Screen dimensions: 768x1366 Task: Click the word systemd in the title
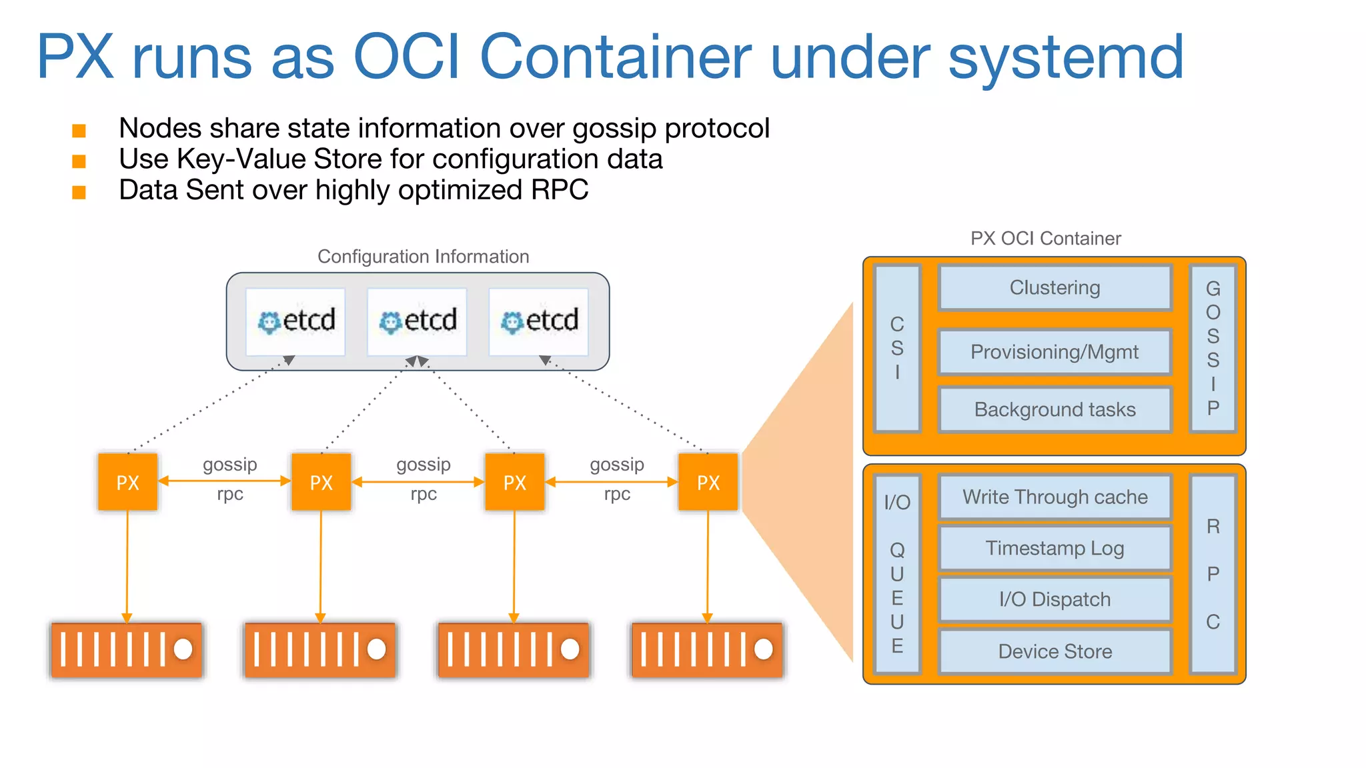tap(1065, 59)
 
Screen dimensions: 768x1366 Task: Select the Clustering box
tap(1055, 288)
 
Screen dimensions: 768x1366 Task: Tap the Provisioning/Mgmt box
tap(1055, 352)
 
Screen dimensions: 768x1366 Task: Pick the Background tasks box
tap(1055, 409)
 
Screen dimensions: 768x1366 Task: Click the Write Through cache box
tap(1055, 497)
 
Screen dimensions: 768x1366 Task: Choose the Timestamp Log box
tap(1055, 549)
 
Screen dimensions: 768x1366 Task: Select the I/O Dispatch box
tap(1055, 599)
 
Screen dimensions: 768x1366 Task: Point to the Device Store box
tap(1055, 651)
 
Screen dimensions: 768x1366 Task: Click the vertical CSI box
tap(897, 348)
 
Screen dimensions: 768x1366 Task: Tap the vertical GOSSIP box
tap(1213, 348)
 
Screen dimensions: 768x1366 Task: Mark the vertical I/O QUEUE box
tap(897, 573)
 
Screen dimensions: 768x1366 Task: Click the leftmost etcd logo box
tap(295, 321)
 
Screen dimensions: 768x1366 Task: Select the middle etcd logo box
tap(417, 321)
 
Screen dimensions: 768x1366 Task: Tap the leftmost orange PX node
tap(127, 482)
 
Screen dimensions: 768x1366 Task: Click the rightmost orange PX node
tap(708, 482)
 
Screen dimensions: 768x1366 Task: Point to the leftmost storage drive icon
tap(127, 649)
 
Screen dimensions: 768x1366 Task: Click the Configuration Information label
tap(423, 257)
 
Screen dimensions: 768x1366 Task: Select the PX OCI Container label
tap(1045, 239)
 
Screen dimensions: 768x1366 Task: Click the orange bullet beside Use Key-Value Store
tap(79, 161)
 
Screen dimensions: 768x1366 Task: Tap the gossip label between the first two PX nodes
tap(229, 465)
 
